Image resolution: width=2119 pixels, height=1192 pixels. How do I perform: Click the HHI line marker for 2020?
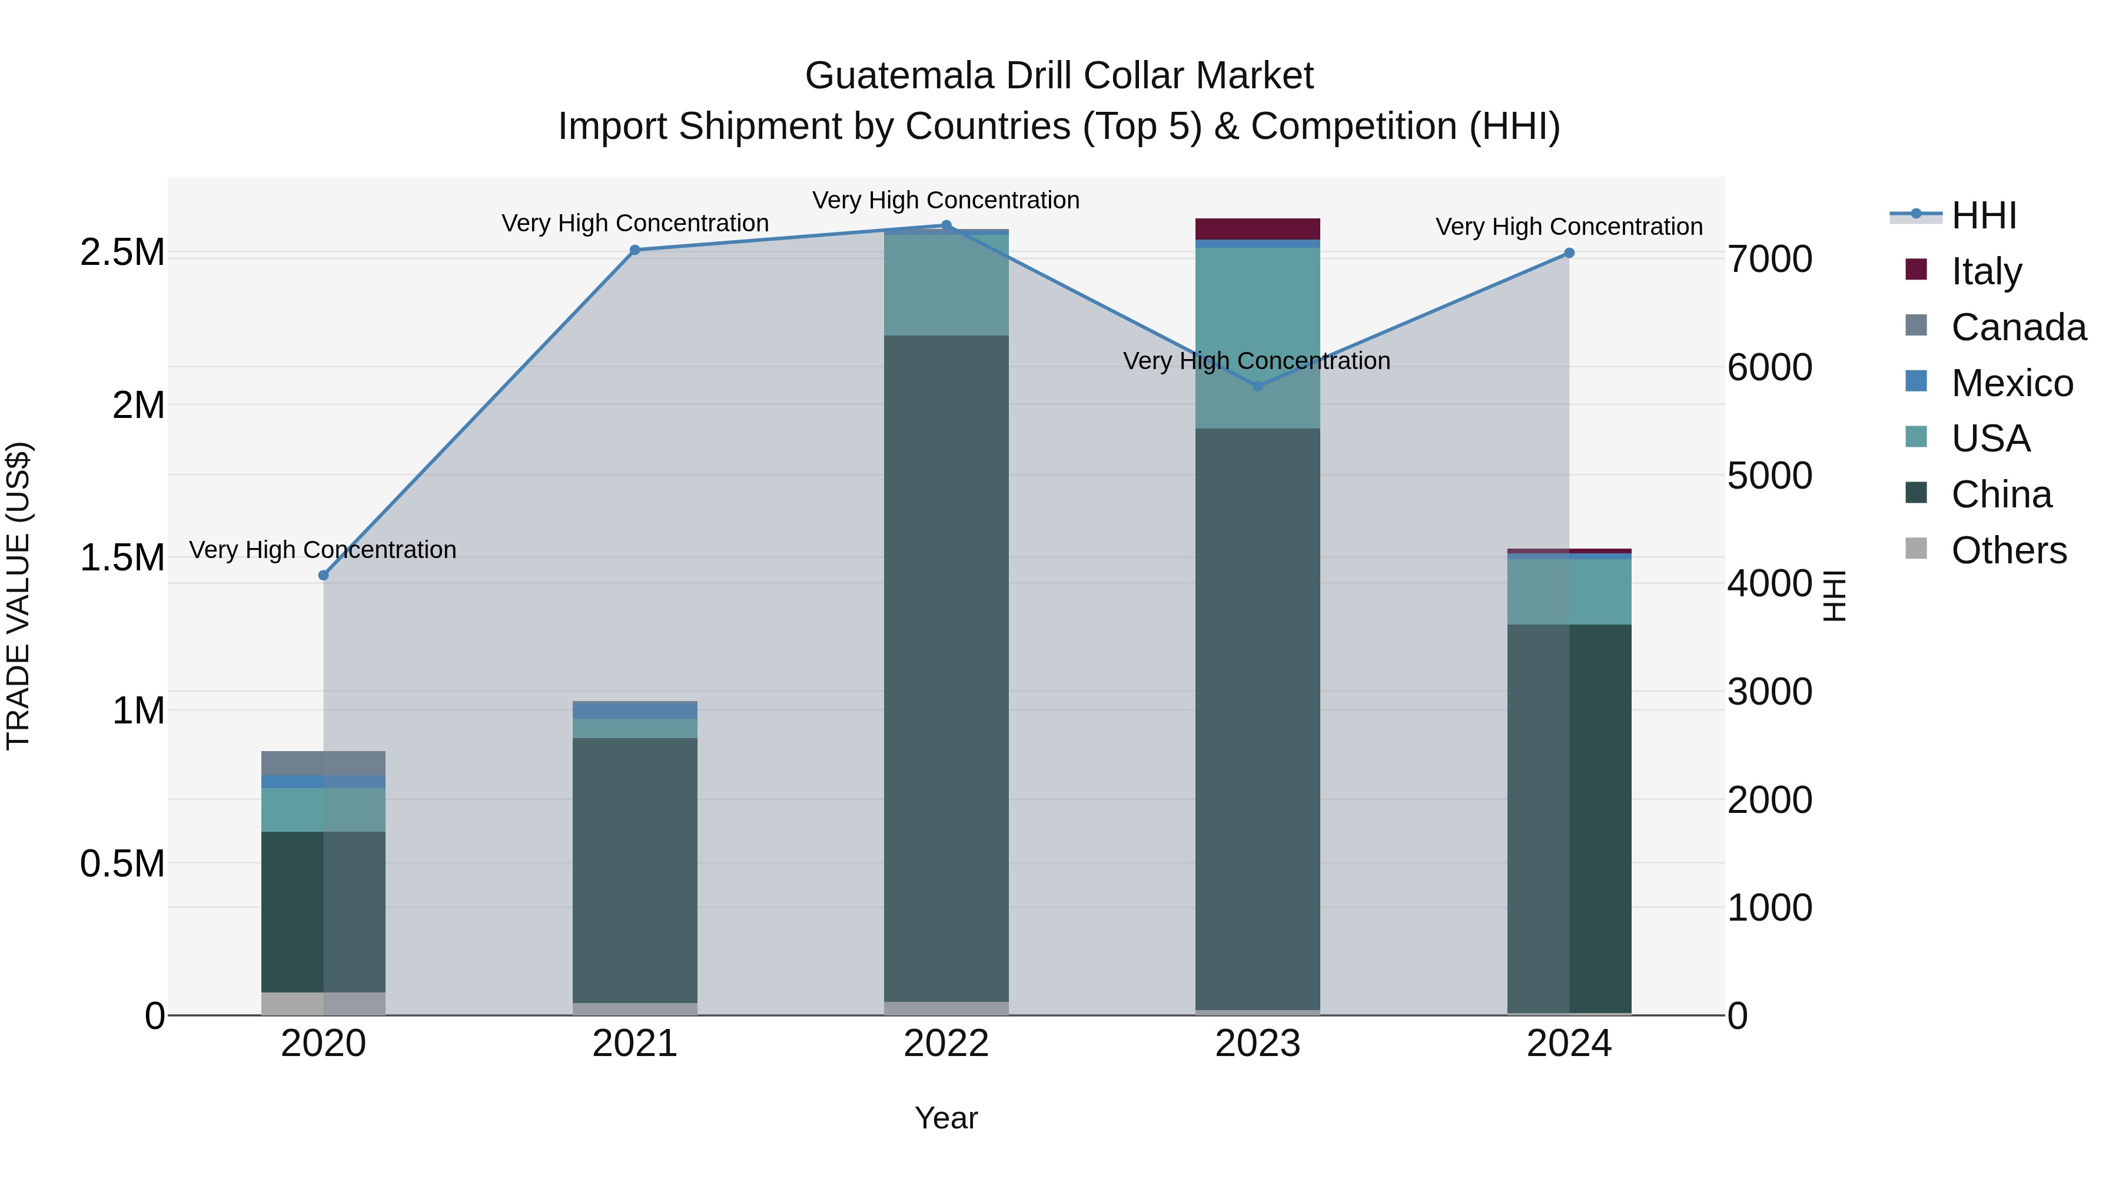[x=323, y=575]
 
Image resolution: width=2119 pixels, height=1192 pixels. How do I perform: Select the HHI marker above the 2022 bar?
[x=946, y=225]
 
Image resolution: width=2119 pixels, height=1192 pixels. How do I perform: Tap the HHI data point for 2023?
[x=1258, y=385]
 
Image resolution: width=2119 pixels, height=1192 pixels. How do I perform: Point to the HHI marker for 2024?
[x=1569, y=253]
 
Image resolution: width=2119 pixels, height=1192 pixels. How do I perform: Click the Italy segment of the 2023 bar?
[x=1258, y=229]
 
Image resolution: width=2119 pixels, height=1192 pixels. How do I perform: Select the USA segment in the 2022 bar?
[x=946, y=285]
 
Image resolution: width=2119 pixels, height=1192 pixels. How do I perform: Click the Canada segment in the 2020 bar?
[x=323, y=762]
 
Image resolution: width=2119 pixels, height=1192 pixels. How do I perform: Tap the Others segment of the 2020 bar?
[x=323, y=1003]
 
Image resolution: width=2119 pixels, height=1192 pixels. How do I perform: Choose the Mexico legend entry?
[x=2011, y=383]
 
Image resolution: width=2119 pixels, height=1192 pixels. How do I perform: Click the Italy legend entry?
[x=1986, y=271]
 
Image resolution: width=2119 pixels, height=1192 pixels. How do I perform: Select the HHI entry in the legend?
[x=1983, y=215]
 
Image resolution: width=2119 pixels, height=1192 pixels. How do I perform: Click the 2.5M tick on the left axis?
[x=122, y=253]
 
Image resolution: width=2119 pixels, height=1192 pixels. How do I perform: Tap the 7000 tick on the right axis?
[x=1769, y=259]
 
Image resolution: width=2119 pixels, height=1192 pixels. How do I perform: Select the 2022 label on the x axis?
[x=946, y=1044]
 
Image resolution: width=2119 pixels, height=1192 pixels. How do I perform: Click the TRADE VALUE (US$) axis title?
[x=18, y=596]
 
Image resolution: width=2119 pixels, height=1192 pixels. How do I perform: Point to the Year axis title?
[x=946, y=1118]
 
